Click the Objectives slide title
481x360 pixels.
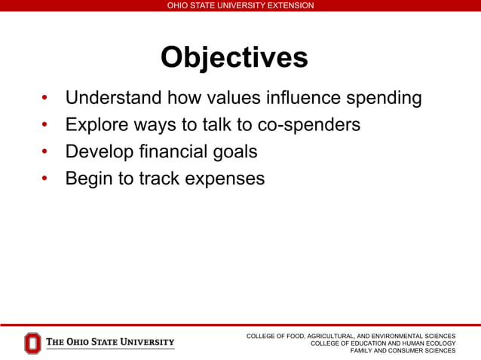tap(234, 58)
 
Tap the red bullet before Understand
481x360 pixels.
tap(44, 99)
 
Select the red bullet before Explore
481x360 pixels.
tap(44, 125)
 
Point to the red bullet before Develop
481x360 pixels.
tap(44, 152)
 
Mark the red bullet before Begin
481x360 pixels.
tap(44, 179)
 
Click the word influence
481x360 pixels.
tap(305, 98)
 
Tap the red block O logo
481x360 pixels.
tap(32, 343)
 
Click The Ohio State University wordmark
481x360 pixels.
tap(110, 343)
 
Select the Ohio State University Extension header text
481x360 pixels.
tap(240, 5)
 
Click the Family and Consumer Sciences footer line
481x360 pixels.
tap(403, 350)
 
